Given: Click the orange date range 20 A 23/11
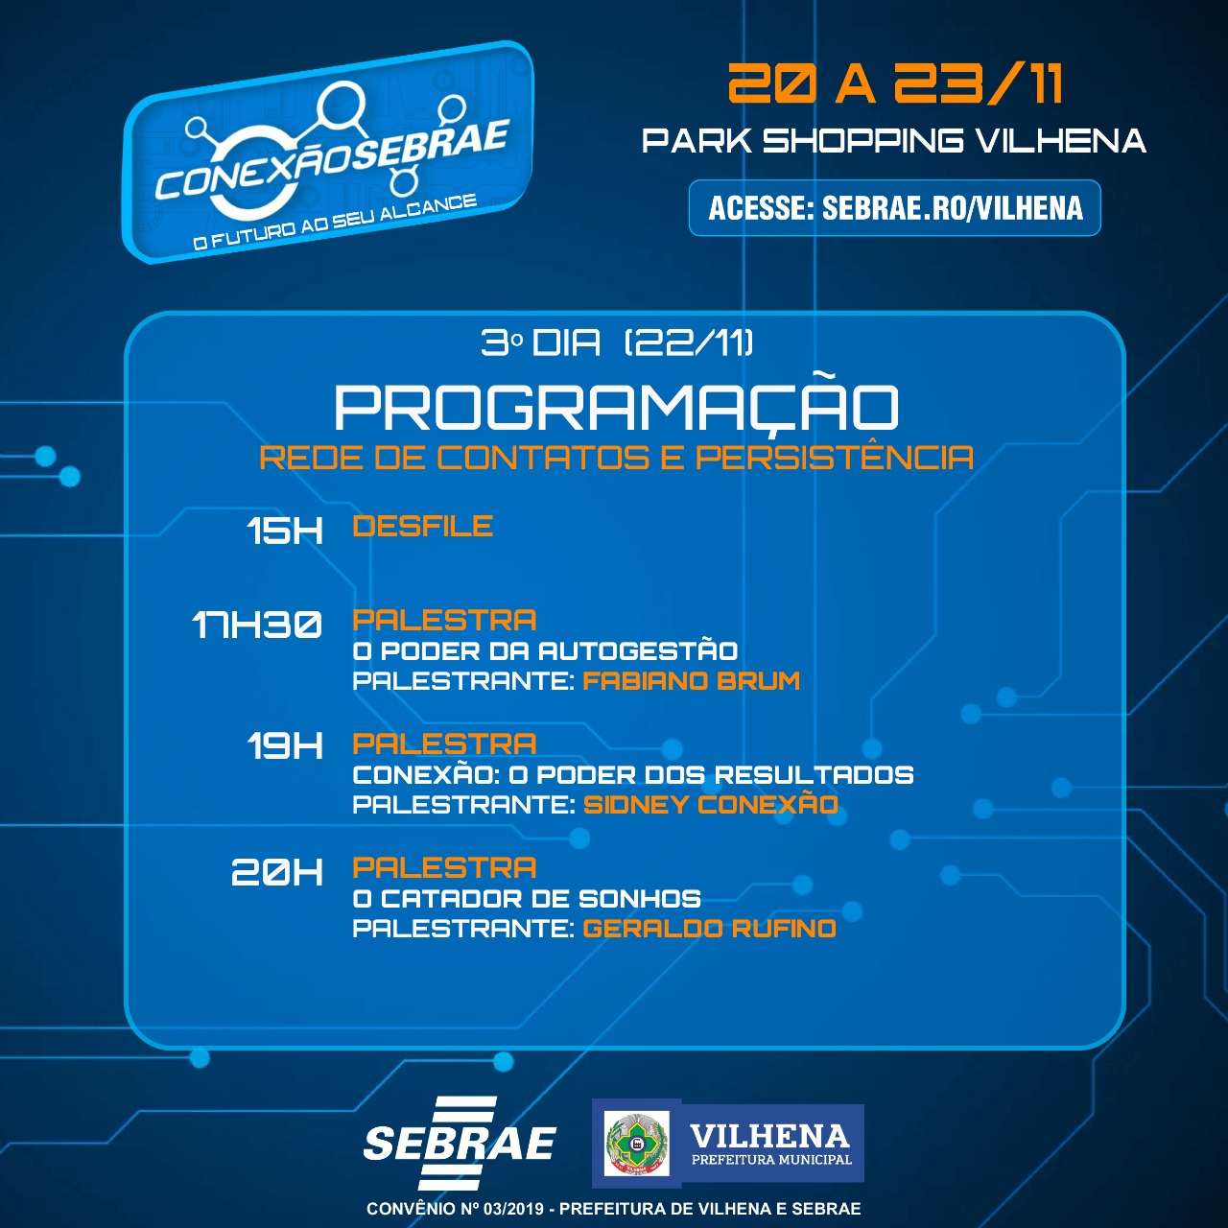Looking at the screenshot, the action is click(x=895, y=83).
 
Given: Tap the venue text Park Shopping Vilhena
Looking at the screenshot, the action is click(x=893, y=141).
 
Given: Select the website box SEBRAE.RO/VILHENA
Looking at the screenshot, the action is click(x=895, y=208).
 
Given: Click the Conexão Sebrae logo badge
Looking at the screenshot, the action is click(x=327, y=152).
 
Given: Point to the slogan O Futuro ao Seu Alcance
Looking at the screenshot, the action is click(x=335, y=223).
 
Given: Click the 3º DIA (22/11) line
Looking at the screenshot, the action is click(x=617, y=342).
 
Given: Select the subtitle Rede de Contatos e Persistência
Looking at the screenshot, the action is click(x=616, y=458).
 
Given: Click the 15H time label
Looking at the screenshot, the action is click(x=285, y=531).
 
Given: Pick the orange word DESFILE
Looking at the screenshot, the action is click(x=423, y=527).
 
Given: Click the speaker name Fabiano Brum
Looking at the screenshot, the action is click(x=692, y=680).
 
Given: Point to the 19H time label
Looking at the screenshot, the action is click(x=285, y=745).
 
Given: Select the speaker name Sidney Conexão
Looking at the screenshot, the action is click(x=711, y=804).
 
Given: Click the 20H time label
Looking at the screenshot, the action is click(x=277, y=871).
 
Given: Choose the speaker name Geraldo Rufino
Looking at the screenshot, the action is click(x=709, y=929).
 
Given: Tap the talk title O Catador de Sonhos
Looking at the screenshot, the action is click(x=527, y=899).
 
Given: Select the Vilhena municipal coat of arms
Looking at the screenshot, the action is click(x=637, y=1143).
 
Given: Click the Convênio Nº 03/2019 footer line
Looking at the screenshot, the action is click(x=614, y=1209).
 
